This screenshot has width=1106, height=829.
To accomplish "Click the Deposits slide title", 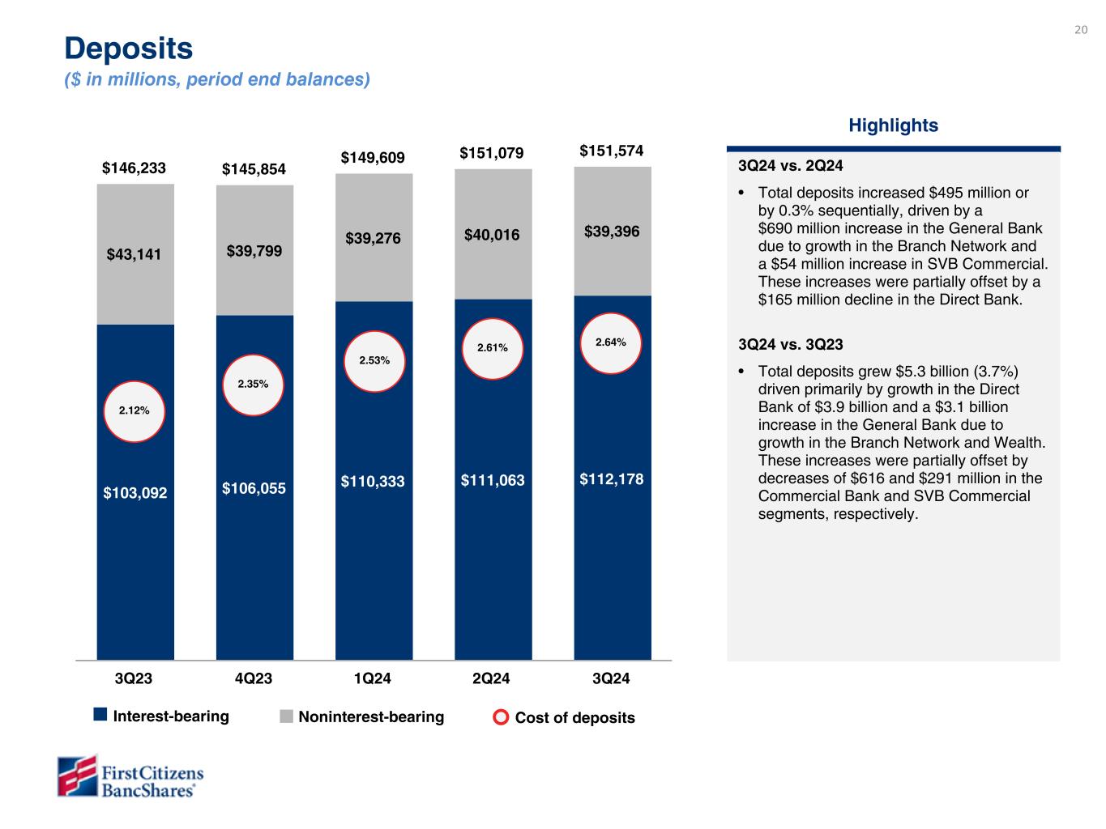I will [129, 49].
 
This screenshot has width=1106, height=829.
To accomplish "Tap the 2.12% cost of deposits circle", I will [135, 410].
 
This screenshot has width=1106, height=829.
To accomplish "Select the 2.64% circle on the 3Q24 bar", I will [611, 342].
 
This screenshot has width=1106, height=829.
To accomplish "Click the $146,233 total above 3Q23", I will [134, 168].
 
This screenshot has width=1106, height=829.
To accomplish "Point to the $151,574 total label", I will [612, 151].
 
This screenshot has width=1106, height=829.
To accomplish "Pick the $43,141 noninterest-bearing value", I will [135, 254].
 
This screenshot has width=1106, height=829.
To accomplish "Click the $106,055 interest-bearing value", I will [254, 488].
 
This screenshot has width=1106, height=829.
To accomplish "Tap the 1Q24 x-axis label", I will [373, 678].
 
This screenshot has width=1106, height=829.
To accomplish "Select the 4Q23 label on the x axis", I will [254, 678].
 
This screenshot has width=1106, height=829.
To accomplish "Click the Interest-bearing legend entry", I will [162, 716].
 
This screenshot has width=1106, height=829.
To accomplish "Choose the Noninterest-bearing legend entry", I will [362, 716].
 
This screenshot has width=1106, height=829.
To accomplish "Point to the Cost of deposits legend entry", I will [565, 717].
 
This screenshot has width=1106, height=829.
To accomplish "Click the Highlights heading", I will [893, 125].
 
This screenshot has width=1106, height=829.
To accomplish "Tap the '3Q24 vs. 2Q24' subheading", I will [791, 166].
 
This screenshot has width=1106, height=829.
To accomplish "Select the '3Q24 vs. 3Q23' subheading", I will [791, 344].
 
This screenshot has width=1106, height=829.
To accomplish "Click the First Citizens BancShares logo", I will [130, 776].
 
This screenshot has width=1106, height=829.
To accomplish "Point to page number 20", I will [1081, 30].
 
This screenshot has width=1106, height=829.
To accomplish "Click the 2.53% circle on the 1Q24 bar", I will [373, 360].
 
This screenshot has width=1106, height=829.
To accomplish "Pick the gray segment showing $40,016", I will [493, 235].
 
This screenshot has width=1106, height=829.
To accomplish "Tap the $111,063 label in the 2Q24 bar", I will [493, 481].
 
